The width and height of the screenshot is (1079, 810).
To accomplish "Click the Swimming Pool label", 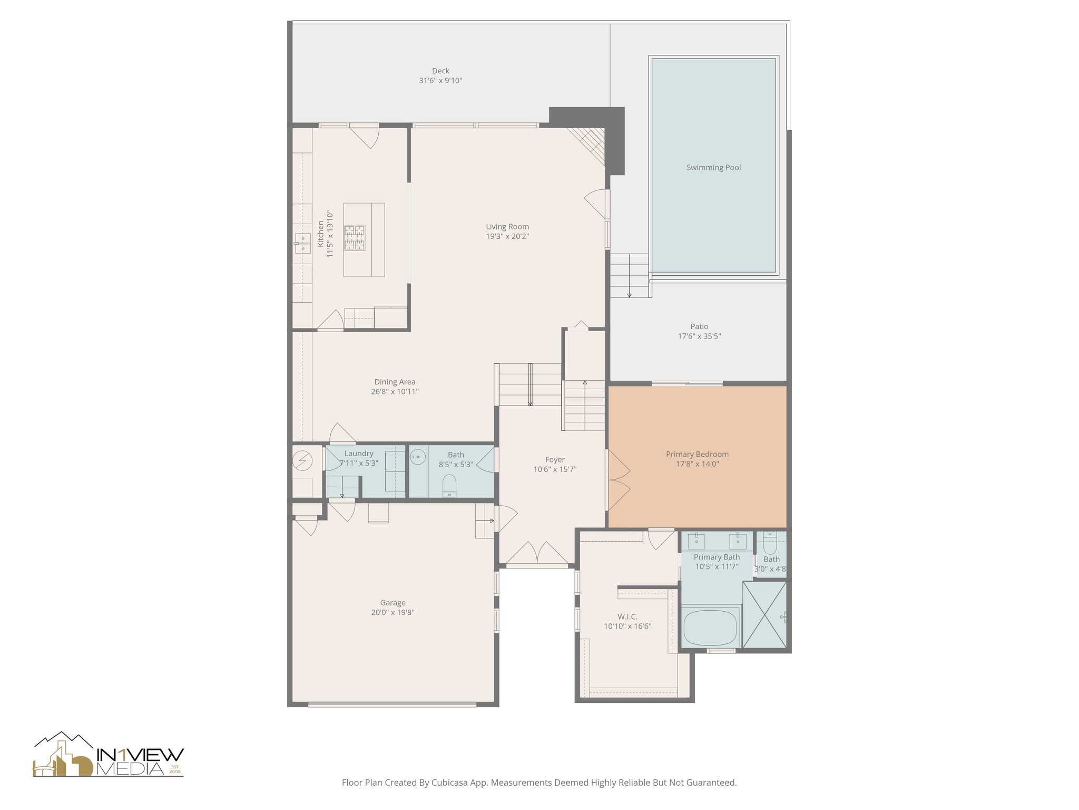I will click(713, 168).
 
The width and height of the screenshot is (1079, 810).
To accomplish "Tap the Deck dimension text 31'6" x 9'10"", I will click(440, 81).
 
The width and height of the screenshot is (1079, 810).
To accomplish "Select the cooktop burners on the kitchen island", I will click(355, 237).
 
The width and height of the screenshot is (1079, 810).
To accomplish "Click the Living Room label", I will click(507, 227).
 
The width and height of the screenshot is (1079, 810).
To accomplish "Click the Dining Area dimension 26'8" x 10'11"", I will click(395, 392).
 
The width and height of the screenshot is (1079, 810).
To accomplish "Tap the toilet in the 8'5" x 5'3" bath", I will click(449, 485).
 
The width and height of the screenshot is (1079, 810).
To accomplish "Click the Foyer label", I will click(555, 460).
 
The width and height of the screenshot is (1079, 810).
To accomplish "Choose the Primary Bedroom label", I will click(697, 454).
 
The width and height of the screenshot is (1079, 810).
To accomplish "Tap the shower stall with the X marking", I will click(763, 614).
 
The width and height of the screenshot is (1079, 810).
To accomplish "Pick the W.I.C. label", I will click(627, 616).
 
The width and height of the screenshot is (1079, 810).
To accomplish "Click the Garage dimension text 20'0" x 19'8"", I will click(393, 613).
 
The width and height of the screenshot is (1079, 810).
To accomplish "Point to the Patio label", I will click(699, 326).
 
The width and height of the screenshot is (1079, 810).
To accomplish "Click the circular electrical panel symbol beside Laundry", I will click(302, 461).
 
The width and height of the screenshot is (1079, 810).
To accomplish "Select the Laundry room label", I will click(359, 454).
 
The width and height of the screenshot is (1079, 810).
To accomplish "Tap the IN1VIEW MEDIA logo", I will click(109, 755).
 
